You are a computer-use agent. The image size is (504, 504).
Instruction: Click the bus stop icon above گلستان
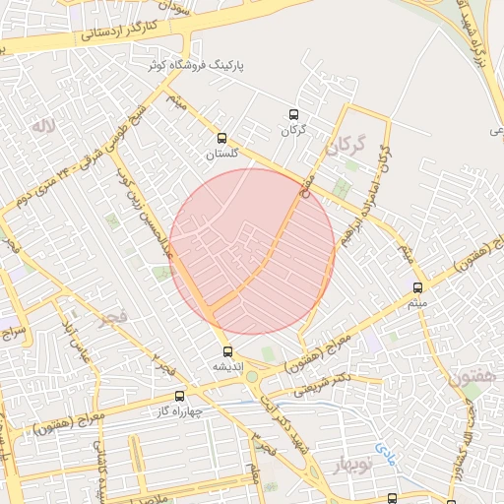pyautogui.click(x=220, y=139)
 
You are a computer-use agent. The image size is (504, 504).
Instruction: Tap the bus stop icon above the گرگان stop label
pyautogui.click(x=291, y=115)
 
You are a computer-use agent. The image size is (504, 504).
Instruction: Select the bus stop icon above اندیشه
pyautogui.click(x=228, y=350)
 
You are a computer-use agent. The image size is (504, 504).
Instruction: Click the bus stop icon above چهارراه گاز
pyautogui.click(x=178, y=396)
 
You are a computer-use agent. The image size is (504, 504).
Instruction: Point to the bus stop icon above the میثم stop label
pyautogui.click(x=418, y=288)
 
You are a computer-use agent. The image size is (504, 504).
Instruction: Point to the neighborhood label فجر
pyautogui.click(x=112, y=317)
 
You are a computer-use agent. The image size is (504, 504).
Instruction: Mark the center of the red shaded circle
pyautogui.click(x=252, y=251)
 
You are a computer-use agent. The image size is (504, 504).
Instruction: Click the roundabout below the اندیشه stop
pyautogui.click(x=252, y=376)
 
